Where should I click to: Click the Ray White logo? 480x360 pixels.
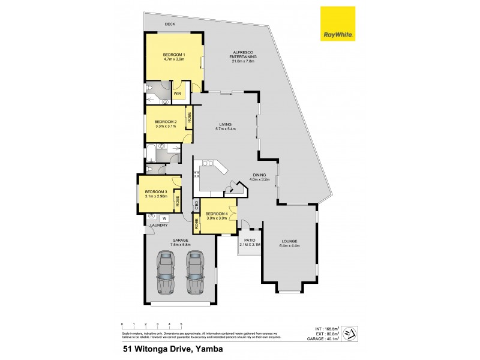(x=337, y=24)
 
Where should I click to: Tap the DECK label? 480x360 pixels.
(x=170, y=25)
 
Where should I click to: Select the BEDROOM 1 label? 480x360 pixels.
(x=174, y=55)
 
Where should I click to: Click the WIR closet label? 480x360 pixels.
(x=178, y=94)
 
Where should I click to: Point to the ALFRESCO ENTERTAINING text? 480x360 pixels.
(x=243, y=55)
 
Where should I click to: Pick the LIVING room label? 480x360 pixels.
(x=225, y=124)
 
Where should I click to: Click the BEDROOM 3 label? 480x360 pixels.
(x=156, y=191)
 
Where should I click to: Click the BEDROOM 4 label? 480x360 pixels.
(x=216, y=214)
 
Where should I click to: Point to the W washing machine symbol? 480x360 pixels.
(x=164, y=218)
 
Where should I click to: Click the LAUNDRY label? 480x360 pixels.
(x=159, y=226)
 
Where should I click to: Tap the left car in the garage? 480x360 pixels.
(x=166, y=267)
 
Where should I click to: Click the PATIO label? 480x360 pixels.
(x=248, y=239)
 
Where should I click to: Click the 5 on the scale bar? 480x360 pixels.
(x=181, y=324)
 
